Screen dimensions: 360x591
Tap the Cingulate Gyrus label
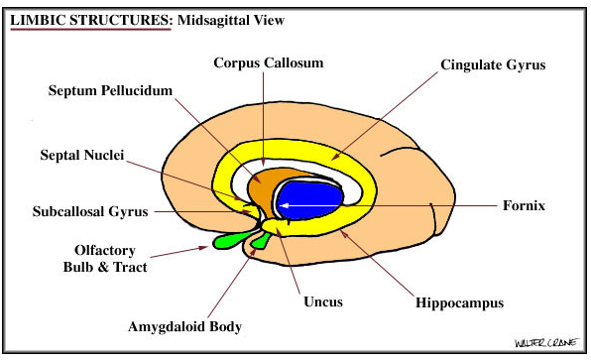click(493, 65)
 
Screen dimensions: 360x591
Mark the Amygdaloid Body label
click(184, 325)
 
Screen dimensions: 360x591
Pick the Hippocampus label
click(459, 301)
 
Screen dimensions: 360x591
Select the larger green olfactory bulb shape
click(229, 239)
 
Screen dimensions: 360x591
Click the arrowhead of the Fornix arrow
click(284, 206)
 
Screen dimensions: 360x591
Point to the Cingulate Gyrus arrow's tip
click(333, 159)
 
